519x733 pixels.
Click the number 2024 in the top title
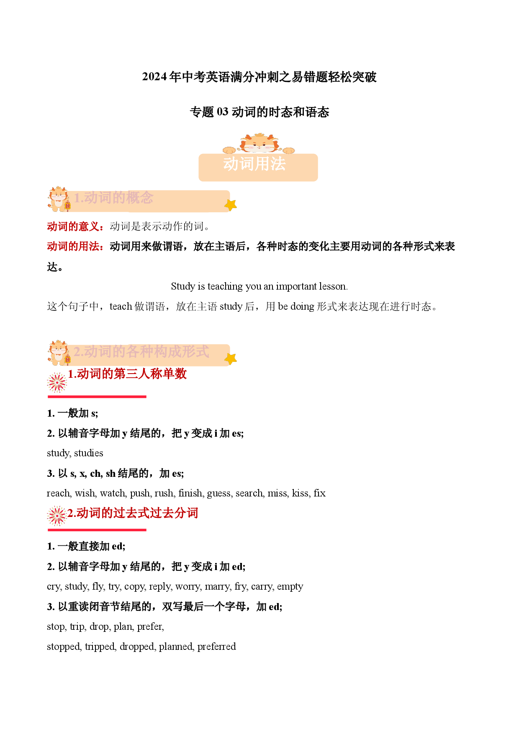click(x=154, y=77)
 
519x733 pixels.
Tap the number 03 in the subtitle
click(x=223, y=112)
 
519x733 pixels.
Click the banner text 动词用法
click(x=254, y=164)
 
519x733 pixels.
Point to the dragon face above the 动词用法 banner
click(x=259, y=143)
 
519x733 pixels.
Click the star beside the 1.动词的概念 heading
click(x=231, y=205)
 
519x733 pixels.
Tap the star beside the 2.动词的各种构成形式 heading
click(x=231, y=359)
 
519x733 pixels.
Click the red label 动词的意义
click(x=73, y=227)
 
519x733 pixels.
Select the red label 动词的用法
click(x=73, y=247)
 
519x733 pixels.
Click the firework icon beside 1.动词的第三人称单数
click(x=57, y=382)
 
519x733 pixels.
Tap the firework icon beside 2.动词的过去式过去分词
click(x=57, y=516)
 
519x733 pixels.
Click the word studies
click(x=89, y=453)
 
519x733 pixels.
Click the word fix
click(x=320, y=493)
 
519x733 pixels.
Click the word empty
click(x=290, y=587)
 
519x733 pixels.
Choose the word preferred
click(x=217, y=646)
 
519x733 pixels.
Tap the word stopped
click(x=64, y=647)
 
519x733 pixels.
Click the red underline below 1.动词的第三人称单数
click(x=97, y=397)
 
